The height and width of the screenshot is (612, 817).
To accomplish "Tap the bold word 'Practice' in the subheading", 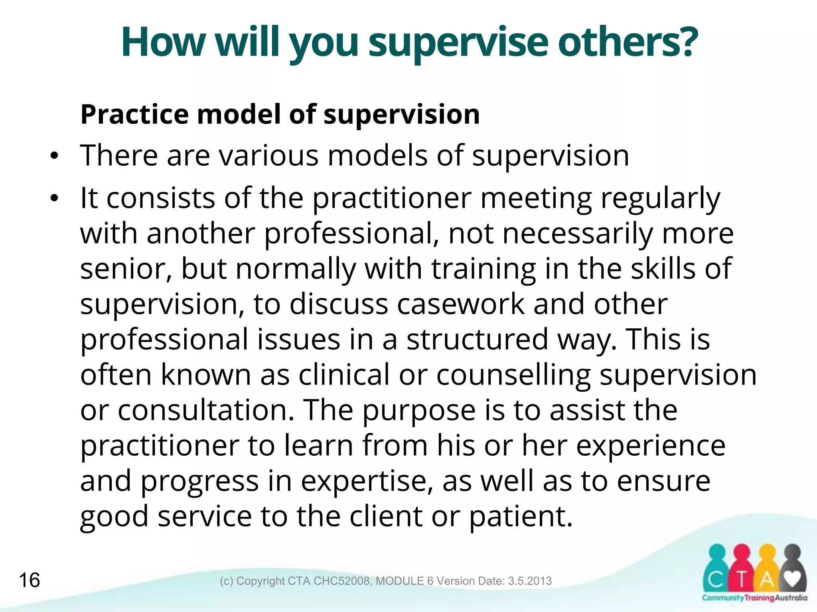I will click(134, 115).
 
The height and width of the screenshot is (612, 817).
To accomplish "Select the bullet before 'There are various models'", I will click(54, 157).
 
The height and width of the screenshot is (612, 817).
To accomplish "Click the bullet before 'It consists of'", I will click(54, 198).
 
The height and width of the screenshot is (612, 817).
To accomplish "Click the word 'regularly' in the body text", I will click(660, 198).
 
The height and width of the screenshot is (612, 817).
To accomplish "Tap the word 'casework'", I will click(460, 304).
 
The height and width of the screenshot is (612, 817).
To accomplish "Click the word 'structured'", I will click(477, 339).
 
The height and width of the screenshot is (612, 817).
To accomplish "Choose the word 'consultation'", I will click(206, 410).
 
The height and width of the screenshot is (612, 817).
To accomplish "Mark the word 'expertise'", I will click(367, 481).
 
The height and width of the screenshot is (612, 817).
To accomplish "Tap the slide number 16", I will click(30, 580).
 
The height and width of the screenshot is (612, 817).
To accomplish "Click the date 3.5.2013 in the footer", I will click(530, 581).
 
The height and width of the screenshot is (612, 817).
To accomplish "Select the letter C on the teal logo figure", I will click(716, 580).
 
